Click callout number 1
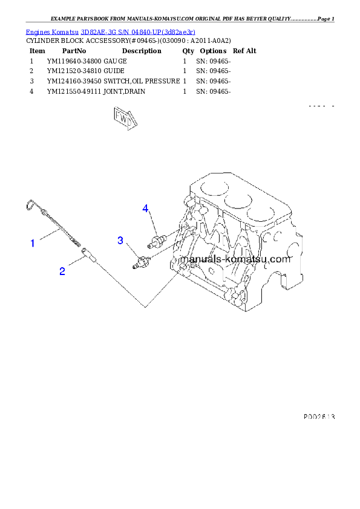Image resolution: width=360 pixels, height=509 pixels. pyautogui.click(x=33, y=243)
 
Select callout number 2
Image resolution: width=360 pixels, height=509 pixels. pyautogui.click(x=62, y=271)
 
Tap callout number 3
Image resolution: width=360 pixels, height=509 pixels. pyautogui.click(x=120, y=241)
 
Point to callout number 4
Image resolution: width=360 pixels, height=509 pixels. pyautogui.click(x=145, y=209)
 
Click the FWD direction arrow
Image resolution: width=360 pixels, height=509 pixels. pyautogui.click(x=123, y=119)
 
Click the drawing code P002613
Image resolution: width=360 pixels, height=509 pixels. pyautogui.click(x=319, y=417)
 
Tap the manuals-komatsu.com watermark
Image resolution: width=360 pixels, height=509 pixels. pyautogui.click(x=237, y=259)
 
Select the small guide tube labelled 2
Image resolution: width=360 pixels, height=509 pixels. pyautogui.click(x=89, y=253)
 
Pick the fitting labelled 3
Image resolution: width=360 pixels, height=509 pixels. pyautogui.click(x=142, y=262)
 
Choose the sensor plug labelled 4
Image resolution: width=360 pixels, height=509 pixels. pyautogui.click(x=157, y=241)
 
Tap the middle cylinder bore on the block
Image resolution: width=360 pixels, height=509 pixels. pyautogui.click(x=238, y=199)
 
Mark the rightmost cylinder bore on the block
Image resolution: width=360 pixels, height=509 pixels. pyautogui.click(x=264, y=212)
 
